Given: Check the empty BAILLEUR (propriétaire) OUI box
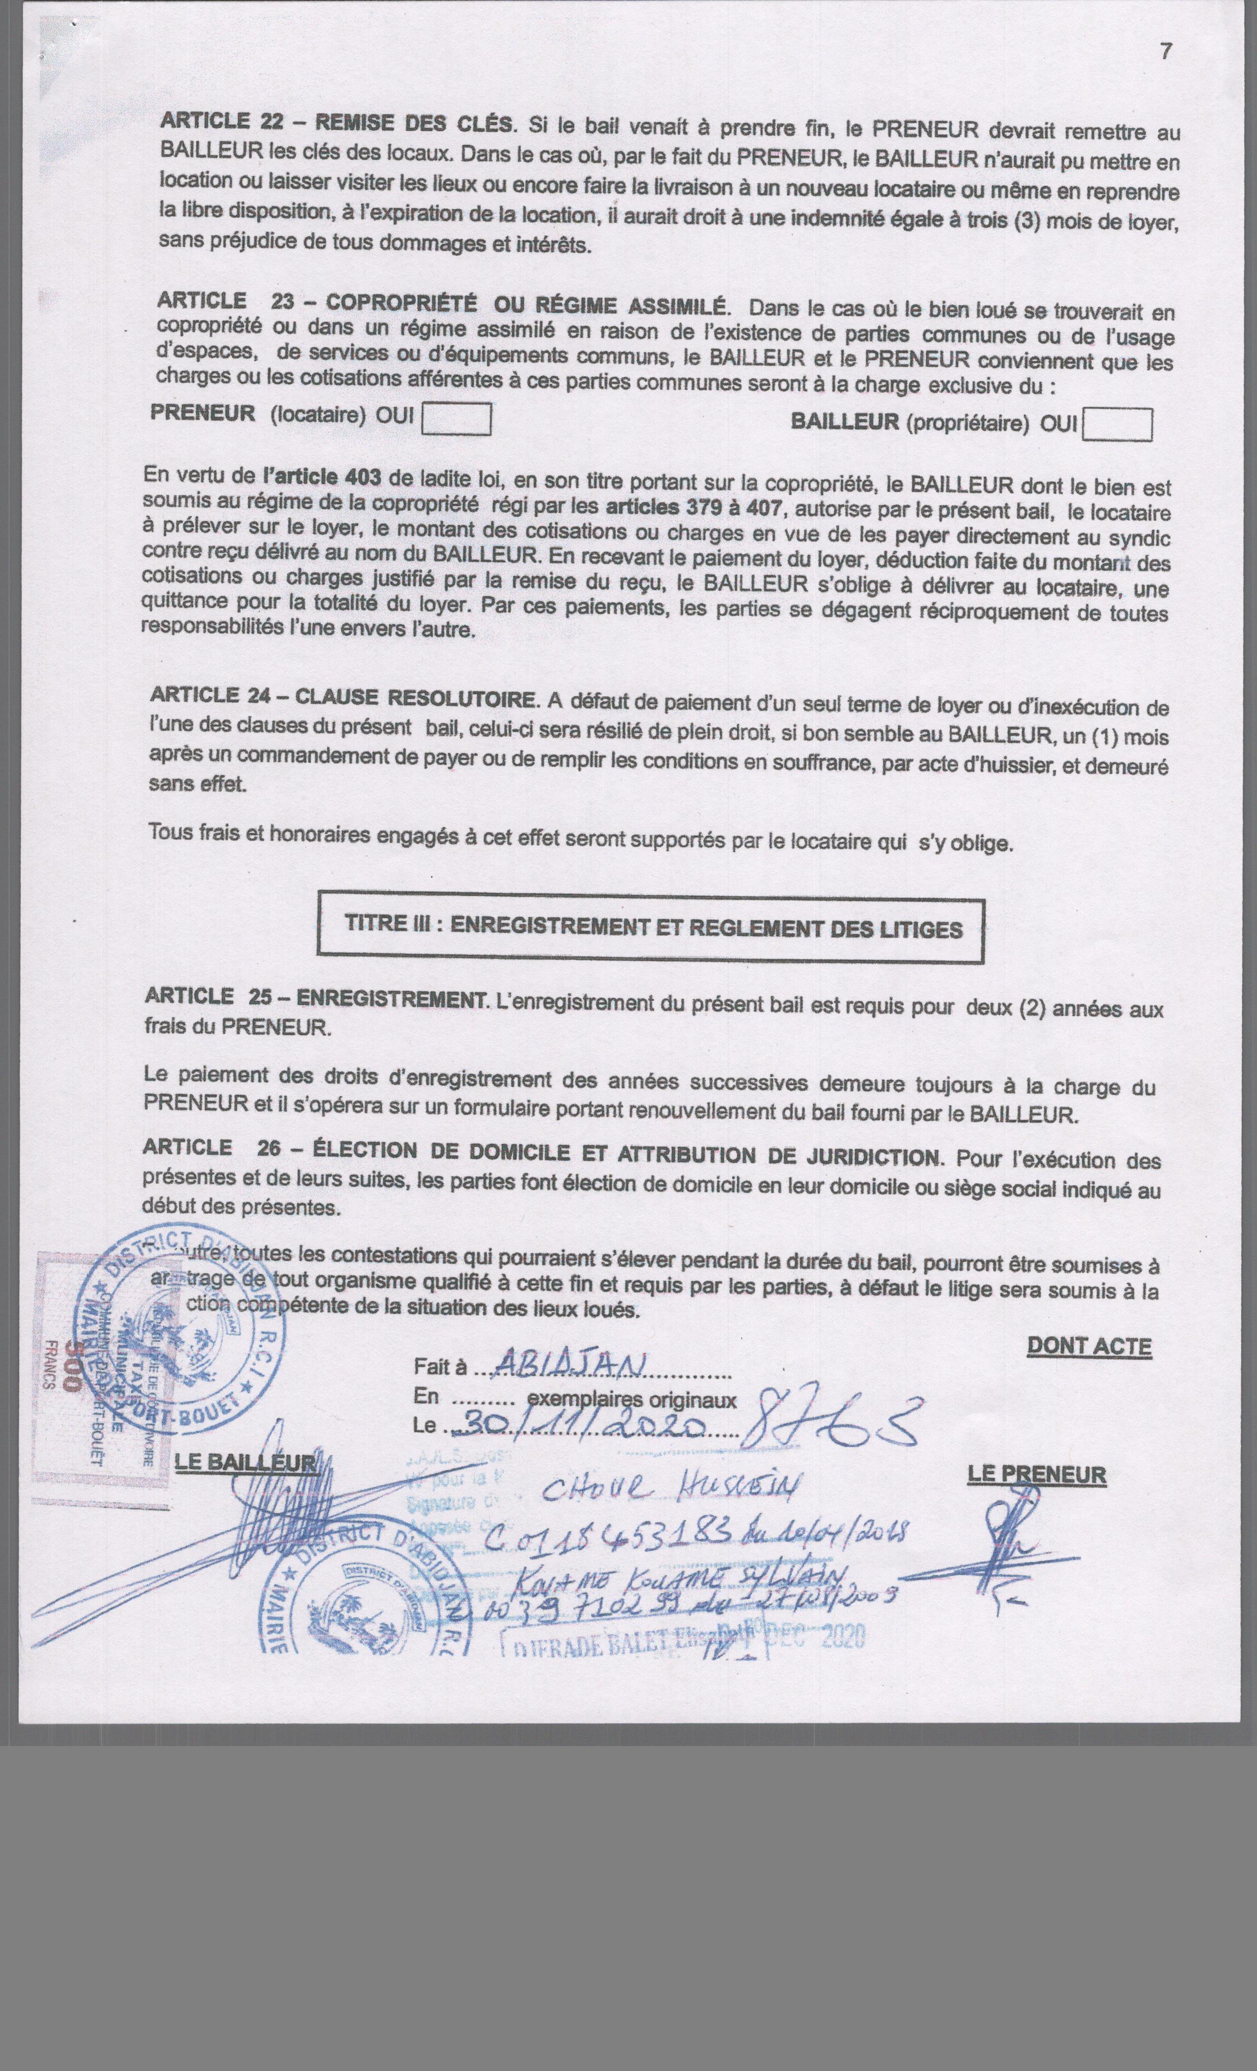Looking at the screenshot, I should point(1117,425).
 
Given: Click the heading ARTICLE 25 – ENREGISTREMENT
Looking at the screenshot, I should point(314,998).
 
